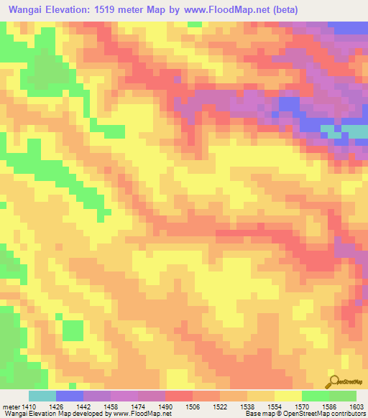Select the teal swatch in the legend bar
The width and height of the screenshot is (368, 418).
42,396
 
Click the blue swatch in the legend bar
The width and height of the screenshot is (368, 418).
70,396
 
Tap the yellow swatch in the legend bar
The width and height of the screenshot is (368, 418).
287,396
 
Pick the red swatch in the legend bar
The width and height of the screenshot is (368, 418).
179,396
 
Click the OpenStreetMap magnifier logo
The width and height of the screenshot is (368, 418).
333,381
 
